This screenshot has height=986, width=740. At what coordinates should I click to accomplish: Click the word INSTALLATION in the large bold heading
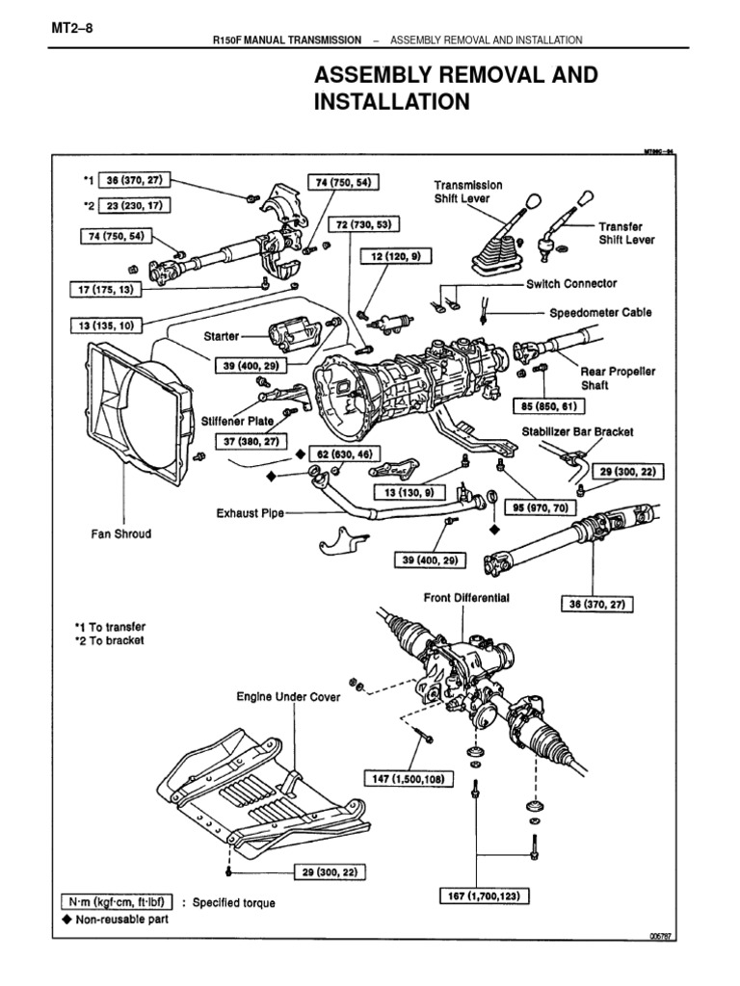392,101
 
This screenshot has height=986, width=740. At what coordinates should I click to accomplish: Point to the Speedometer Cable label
600,313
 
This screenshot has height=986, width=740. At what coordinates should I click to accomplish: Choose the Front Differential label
466,598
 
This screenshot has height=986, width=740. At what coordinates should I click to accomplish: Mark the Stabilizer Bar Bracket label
577,433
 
